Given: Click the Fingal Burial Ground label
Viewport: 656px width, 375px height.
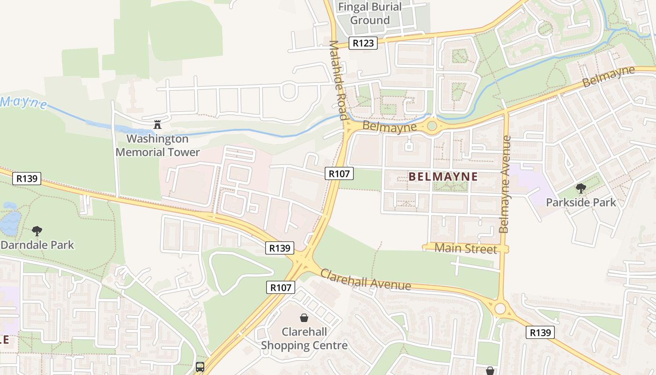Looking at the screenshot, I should pyautogui.click(x=370, y=14).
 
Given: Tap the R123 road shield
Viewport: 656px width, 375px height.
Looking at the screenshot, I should pyautogui.click(x=363, y=43).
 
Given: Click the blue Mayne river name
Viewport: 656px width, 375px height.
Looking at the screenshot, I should pyautogui.click(x=23, y=102).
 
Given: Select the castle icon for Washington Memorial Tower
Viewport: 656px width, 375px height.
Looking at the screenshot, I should pyautogui.click(x=157, y=125).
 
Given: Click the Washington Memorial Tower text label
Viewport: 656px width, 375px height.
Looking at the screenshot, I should pyautogui.click(x=157, y=145).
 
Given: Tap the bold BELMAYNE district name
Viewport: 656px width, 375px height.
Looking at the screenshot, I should pyautogui.click(x=443, y=177).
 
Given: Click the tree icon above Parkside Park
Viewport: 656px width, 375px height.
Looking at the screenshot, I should pyautogui.click(x=581, y=188).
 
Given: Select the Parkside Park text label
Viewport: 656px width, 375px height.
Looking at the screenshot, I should pyautogui.click(x=581, y=202).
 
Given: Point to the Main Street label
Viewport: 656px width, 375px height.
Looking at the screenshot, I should pyautogui.click(x=465, y=248).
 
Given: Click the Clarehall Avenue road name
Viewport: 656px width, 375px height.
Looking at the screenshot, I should pyautogui.click(x=365, y=279).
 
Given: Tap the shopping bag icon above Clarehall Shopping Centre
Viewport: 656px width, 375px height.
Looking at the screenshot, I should pyautogui.click(x=304, y=318).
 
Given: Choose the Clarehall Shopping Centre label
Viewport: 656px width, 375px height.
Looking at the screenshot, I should pyautogui.click(x=304, y=338).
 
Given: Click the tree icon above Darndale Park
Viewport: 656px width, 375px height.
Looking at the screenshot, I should pyautogui.click(x=37, y=231).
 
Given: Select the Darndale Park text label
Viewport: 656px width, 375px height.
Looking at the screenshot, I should pyautogui.click(x=37, y=245).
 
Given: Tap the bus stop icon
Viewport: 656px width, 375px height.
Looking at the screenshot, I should pyautogui.click(x=200, y=367).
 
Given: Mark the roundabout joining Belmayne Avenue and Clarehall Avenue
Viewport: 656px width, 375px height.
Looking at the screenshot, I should pyautogui.click(x=500, y=308).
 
